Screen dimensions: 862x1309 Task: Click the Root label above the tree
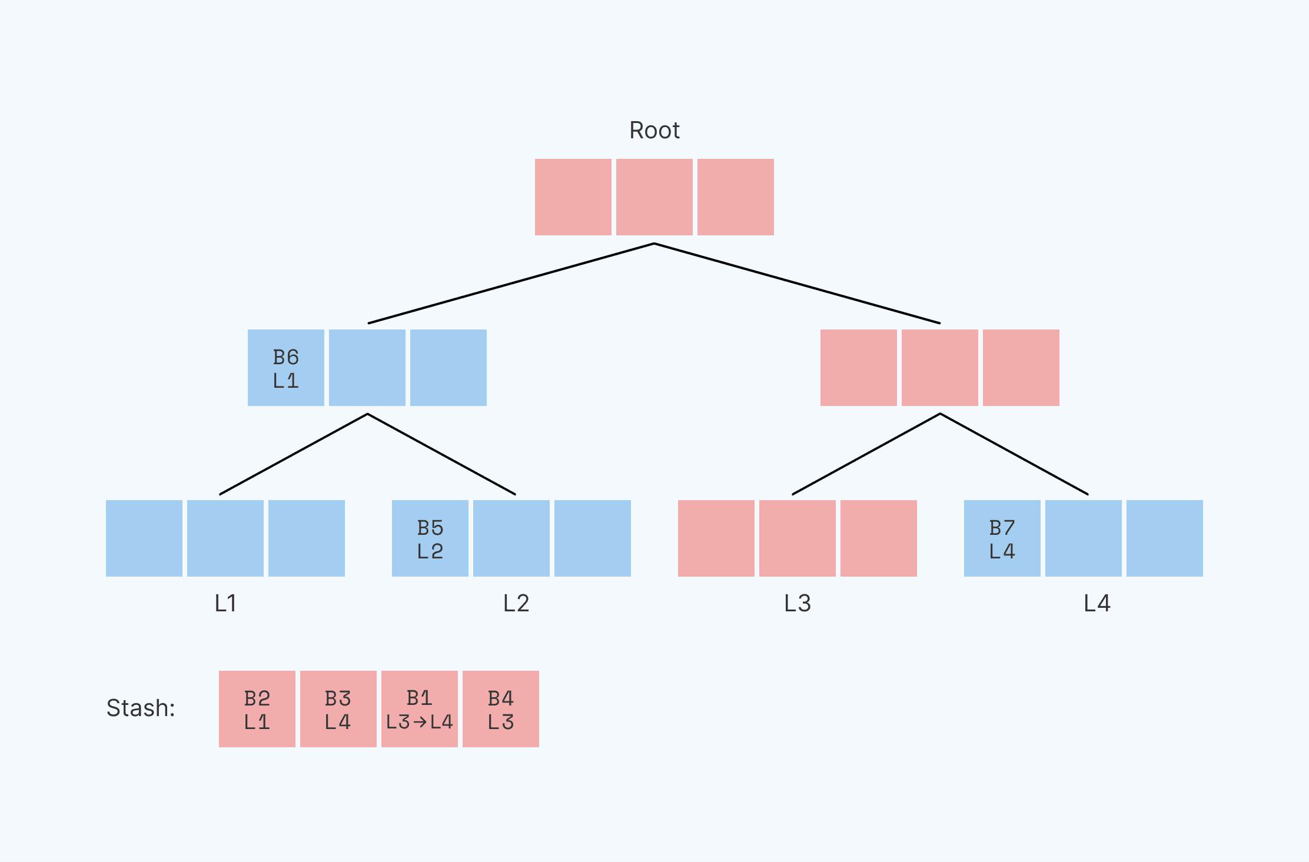tap(654, 130)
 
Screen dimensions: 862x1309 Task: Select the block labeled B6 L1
tap(286, 368)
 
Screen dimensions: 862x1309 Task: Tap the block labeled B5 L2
tap(430, 538)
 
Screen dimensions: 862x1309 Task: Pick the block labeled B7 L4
tap(1002, 538)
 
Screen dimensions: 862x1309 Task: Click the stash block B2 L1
tap(257, 709)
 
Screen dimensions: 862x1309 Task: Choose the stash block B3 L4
tap(338, 709)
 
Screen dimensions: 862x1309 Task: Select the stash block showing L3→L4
tap(420, 709)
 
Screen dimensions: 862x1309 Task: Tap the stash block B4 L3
tap(501, 709)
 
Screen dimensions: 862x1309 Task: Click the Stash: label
tap(141, 708)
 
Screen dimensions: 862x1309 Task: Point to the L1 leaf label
tap(225, 603)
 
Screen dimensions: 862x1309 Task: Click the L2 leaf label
tap(516, 603)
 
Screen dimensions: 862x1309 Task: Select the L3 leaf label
tap(798, 603)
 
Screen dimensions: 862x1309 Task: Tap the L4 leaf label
tap(1097, 603)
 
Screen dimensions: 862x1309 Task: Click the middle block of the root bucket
tap(654, 197)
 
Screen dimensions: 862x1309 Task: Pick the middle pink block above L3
tap(797, 538)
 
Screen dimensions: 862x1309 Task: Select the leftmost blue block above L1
tap(144, 538)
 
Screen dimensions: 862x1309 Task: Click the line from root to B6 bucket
tap(511, 284)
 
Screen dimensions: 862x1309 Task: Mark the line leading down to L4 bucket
tap(1014, 454)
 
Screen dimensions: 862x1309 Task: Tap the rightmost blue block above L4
tap(1164, 538)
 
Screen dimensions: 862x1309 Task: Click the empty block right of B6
tap(367, 368)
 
